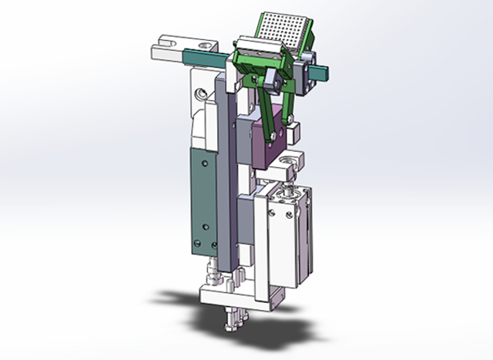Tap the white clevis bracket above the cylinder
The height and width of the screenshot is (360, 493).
point(291,162)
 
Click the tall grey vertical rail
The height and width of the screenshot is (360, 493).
point(229,177)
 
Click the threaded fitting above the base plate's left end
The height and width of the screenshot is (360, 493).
point(211,274)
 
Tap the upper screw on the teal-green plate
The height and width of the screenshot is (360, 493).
point(203,165)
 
